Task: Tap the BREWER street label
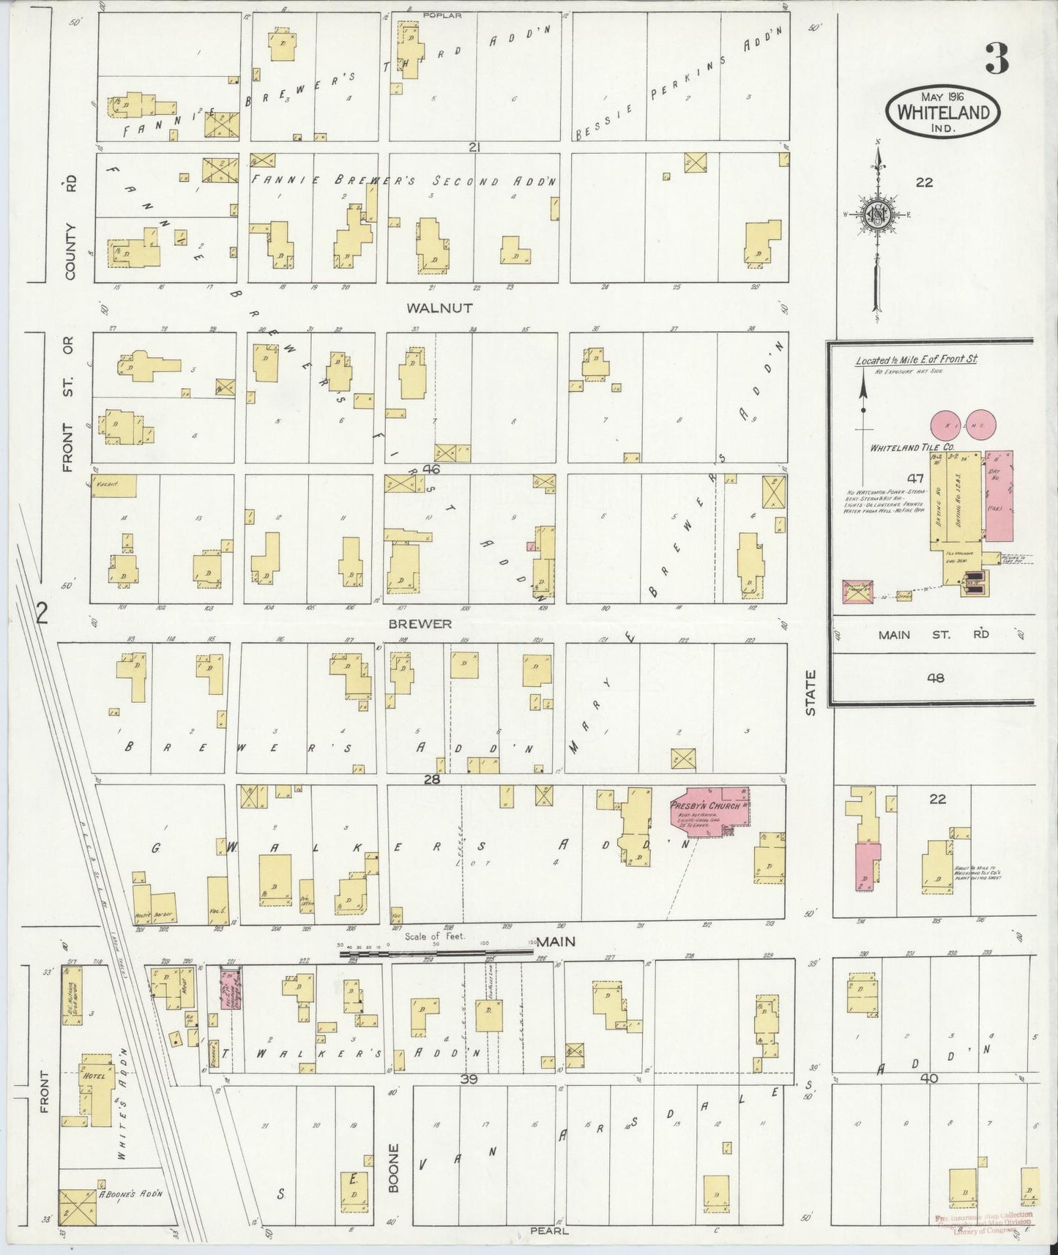[x=431, y=624]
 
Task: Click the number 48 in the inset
[x=935, y=678]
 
